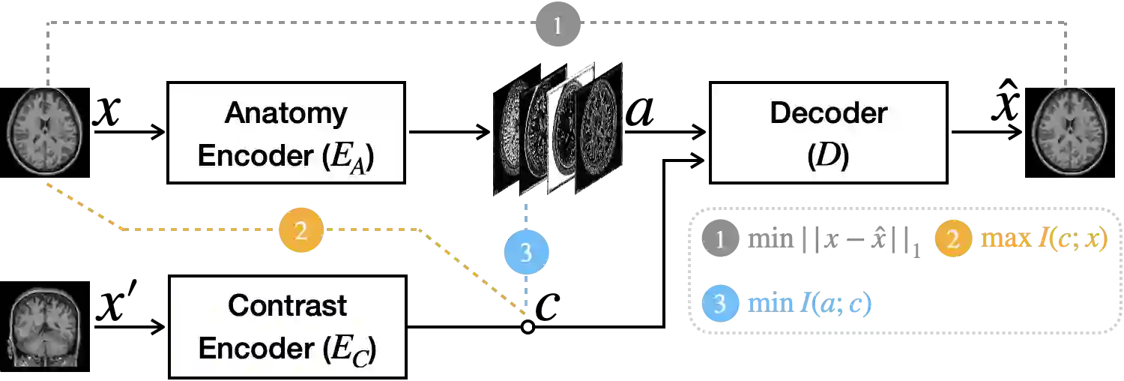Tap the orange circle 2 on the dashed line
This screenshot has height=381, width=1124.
[300, 231]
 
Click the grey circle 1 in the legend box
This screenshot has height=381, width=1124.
[720, 241]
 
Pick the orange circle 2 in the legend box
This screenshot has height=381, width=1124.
[952, 241]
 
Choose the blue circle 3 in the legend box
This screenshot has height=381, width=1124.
[720, 304]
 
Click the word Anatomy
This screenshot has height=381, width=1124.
[286, 113]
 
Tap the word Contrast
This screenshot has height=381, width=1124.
[287, 305]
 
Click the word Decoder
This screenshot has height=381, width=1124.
[828, 113]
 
